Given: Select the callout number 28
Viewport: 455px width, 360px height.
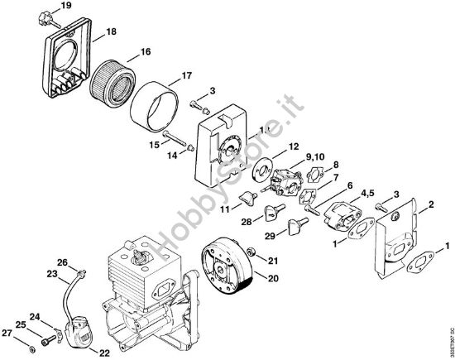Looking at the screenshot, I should [x=247, y=222].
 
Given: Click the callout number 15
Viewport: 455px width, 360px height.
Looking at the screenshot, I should [x=154, y=145].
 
